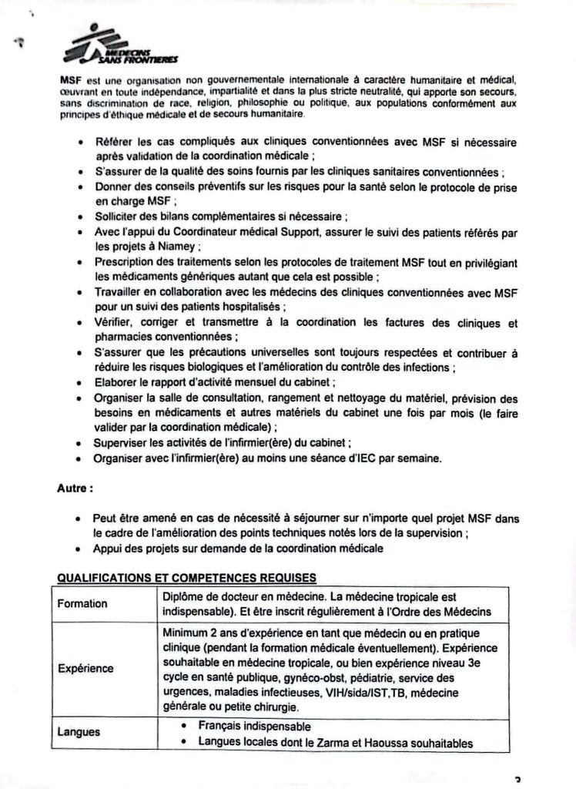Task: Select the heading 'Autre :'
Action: click(x=75, y=488)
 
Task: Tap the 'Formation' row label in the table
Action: click(x=82, y=603)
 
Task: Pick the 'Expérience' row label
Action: click(x=85, y=668)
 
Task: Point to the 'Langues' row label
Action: click(x=79, y=731)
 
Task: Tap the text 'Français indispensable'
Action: click(x=254, y=727)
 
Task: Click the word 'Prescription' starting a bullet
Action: click(x=126, y=263)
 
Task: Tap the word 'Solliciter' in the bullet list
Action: click(x=119, y=217)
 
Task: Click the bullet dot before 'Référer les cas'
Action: click(x=82, y=143)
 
